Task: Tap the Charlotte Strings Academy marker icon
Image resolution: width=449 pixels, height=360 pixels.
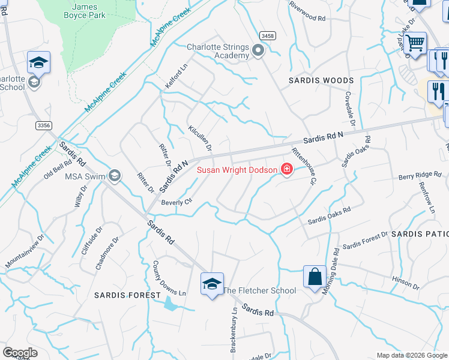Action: (x=259, y=51)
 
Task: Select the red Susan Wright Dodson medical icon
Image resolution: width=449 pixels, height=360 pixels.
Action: (x=287, y=170)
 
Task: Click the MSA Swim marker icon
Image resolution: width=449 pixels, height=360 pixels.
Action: (x=115, y=175)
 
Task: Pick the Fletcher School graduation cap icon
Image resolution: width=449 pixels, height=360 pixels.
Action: (x=212, y=284)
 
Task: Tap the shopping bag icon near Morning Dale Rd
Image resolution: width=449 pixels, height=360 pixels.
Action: (x=315, y=277)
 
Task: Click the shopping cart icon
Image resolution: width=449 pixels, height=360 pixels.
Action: (x=415, y=43)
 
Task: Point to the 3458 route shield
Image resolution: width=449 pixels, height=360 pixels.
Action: (x=268, y=37)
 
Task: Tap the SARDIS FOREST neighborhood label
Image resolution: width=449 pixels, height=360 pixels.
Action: (x=127, y=295)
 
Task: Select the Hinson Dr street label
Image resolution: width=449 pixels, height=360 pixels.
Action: (x=405, y=280)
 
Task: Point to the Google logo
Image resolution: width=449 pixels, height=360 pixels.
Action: (x=20, y=353)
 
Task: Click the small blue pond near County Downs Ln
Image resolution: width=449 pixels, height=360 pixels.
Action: (x=170, y=305)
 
